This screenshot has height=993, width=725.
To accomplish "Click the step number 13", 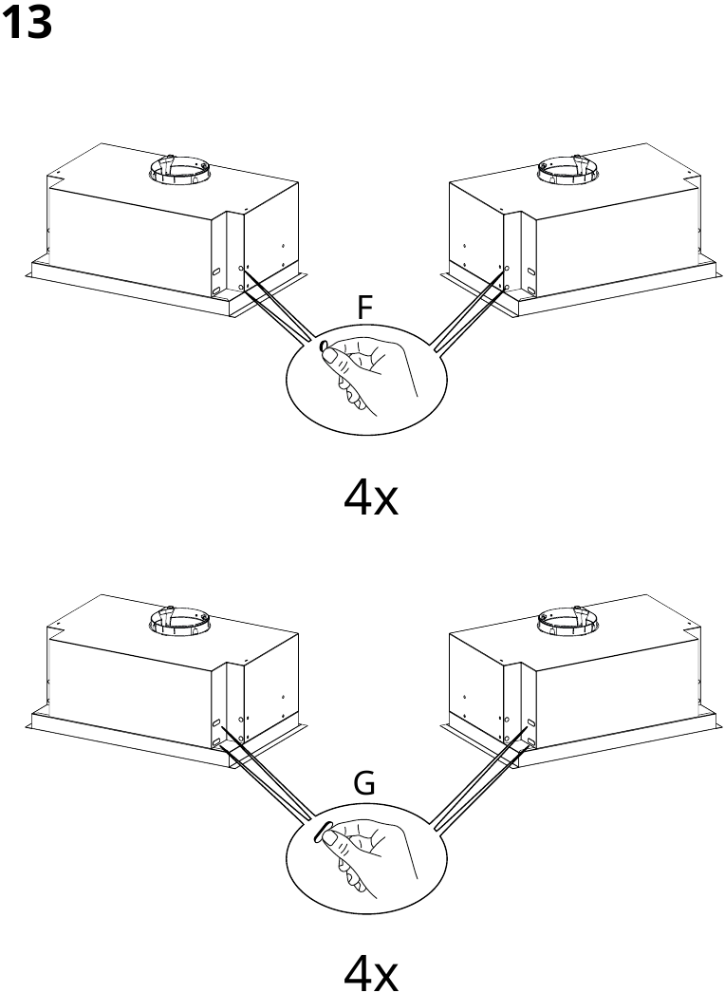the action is (27, 23).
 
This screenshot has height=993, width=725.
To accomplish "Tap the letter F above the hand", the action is (363, 308).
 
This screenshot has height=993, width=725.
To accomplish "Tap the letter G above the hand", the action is (364, 784).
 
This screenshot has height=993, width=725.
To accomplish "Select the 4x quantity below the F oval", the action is (371, 497).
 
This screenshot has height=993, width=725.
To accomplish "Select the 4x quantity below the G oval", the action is (371, 973).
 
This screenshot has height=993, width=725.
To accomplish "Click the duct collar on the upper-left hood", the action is (179, 170).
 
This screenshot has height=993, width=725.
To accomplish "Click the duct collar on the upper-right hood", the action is (568, 170).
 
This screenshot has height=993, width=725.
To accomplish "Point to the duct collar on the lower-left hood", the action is (179, 621).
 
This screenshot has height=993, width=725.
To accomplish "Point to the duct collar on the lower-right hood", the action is (568, 621).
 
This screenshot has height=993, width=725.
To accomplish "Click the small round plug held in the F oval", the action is (323, 346).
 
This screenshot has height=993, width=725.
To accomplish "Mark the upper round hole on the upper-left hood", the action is (241, 270).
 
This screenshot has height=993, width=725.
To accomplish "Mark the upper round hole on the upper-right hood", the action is (507, 270).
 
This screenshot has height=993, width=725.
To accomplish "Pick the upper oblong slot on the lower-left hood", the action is (216, 722).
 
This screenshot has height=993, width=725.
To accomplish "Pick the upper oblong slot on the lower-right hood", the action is (530, 722).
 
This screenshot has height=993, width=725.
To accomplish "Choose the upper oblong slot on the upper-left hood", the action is (216, 272).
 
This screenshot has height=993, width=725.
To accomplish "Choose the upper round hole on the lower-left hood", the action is (241, 721).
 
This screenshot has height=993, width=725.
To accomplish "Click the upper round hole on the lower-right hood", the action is (507, 721).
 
